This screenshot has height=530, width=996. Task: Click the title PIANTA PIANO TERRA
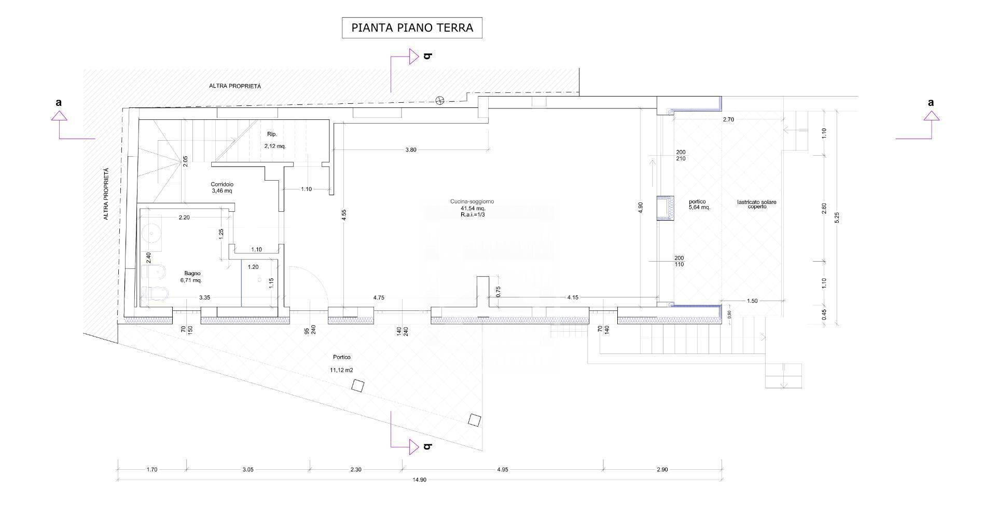click(x=412, y=28)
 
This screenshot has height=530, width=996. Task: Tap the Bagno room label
click(x=192, y=274)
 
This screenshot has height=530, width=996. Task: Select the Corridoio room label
click(x=222, y=184)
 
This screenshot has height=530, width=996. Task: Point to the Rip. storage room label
click(x=272, y=134)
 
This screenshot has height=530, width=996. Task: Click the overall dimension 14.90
click(x=419, y=480)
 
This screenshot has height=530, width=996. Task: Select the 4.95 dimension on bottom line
click(x=502, y=469)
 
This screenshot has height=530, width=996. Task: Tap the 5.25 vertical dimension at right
click(x=836, y=218)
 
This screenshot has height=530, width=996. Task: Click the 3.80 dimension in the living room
click(x=410, y=150)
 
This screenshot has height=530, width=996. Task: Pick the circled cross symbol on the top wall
click(x=440, y=100)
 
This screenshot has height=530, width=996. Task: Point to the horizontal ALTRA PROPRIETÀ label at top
click(x=234, y=86)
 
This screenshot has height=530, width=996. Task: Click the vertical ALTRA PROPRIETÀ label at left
click(x=106, y=194)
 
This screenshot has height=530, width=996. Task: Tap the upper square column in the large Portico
click(x=357, y=386)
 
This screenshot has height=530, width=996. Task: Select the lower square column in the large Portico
click(x=474, y=420)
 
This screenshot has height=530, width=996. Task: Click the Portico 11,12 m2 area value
click(x=341, y=370)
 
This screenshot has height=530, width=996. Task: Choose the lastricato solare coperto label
click(x=756, y=204)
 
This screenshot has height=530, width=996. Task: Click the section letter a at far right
click(x=931, y=103)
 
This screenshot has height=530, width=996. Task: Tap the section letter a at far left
click(x=59, y=103)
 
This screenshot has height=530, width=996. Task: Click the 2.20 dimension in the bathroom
click(x=184, y=218)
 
